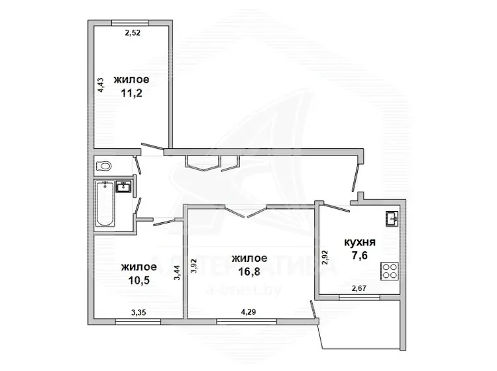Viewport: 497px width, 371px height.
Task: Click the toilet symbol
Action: tap(103, 166)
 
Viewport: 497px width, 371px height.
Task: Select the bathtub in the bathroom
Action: tap(105, 204)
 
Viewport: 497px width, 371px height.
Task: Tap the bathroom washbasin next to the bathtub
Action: tap(123, 186)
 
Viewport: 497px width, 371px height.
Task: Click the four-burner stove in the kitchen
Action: tap(390, 271)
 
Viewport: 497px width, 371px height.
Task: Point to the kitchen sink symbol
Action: tap(393, 218)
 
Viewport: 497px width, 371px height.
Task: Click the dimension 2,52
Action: tap(133, 32)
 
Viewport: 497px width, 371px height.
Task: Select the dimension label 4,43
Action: tap(101, 85)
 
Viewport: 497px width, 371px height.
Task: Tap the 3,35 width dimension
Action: tap(138, 313)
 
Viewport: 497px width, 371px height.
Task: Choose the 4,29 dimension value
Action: tap(248, 312)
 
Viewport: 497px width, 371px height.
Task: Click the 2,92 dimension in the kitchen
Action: tap(324, 257)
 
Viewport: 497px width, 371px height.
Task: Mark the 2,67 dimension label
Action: tap(359, 288)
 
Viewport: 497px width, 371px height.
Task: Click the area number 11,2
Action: tap(131, 93)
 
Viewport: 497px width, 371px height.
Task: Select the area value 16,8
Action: tap(249, 271)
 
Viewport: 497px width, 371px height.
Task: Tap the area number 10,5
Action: tap(139, 280)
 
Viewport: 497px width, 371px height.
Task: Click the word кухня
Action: tap(360, 242)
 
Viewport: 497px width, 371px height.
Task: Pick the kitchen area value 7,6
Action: tap(360, 255)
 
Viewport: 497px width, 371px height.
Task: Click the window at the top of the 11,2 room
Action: tap(130, 22)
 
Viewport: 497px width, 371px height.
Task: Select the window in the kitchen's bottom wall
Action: tap(359, 298)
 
